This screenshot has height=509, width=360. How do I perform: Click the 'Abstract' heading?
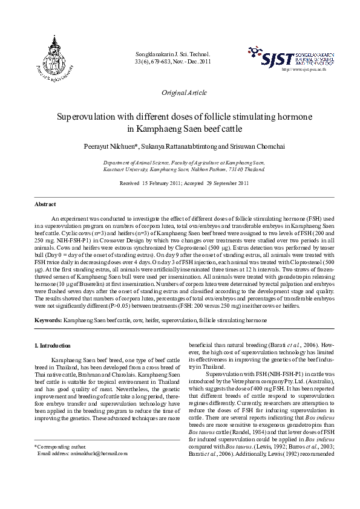(45, 204)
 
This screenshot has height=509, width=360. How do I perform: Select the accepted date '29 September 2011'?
(224, 183)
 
